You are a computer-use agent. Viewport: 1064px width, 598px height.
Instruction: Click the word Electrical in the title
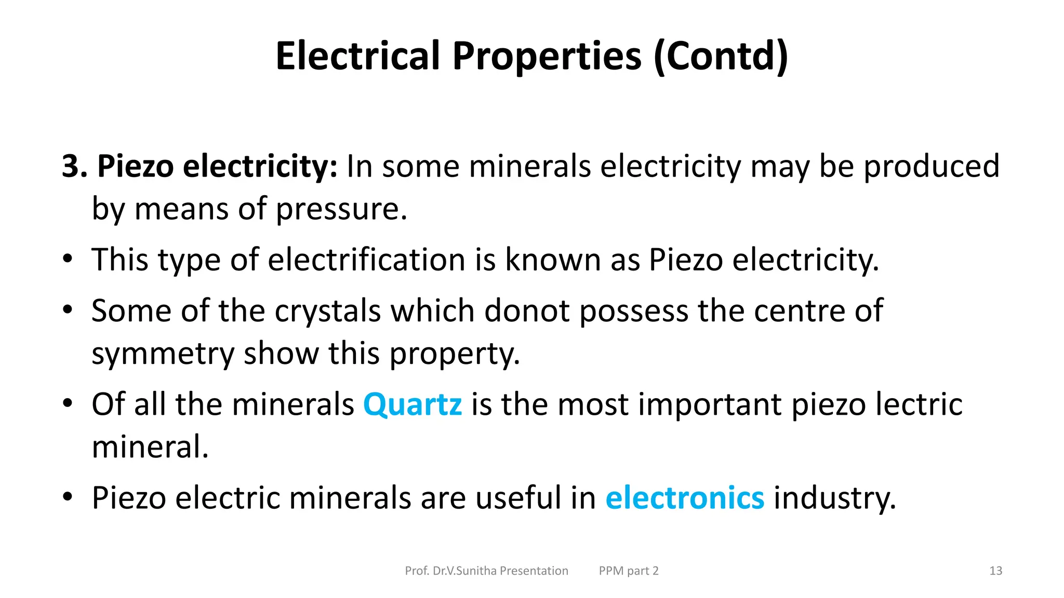[358, 56]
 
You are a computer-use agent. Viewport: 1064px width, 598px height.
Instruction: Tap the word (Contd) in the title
[721, 57]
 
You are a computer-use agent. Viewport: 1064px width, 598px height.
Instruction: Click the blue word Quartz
[412, 404]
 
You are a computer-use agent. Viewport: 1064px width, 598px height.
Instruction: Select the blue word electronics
[685, 498]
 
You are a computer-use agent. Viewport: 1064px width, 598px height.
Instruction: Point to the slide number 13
[995, 571]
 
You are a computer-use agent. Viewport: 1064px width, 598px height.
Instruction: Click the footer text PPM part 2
[629, 571]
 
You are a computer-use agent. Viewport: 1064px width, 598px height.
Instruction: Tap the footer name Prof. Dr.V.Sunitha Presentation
[486, 571]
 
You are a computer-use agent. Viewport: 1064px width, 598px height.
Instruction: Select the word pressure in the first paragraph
[341, 209]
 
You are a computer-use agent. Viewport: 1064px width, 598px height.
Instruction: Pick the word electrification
[366, 260]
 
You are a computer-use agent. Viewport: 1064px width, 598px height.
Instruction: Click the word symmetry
[163, 354]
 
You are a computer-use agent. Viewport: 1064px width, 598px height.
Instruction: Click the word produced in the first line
[932, 167]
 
